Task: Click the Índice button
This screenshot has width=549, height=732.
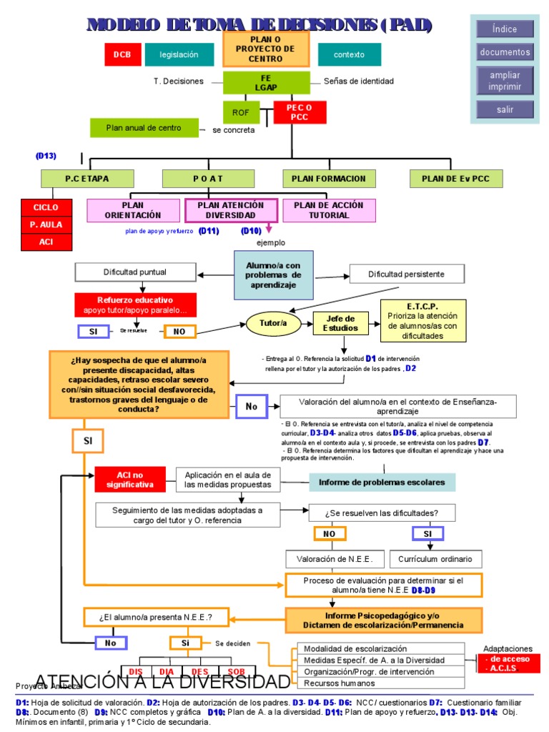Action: tap(505, 29)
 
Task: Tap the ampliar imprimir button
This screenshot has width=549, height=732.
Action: tap(505, 81)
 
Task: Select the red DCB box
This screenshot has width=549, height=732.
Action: tap(121, 54)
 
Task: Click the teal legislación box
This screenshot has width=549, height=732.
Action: tap(179, 54)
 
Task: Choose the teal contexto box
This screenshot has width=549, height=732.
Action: tap(350, 54)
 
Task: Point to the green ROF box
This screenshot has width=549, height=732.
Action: tap(244, 112)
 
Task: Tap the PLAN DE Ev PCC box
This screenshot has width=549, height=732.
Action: tap(456, 178)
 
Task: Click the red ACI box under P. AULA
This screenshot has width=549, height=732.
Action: tap(46, 242)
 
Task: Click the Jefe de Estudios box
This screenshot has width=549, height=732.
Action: tap(341, 324)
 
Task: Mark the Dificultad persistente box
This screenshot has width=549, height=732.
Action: tap(406, 274)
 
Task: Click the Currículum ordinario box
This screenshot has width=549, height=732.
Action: tap(440, 558)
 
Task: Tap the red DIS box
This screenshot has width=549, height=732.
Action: tap(135, 671)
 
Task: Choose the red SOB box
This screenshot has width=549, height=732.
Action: tap(236, 671)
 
